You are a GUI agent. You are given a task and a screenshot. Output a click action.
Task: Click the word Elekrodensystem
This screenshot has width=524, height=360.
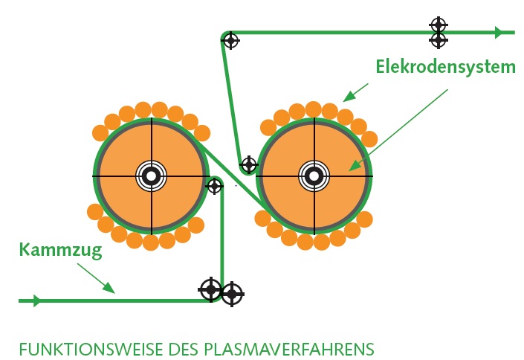[444, 68]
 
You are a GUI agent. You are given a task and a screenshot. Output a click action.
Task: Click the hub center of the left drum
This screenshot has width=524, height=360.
[151, 176]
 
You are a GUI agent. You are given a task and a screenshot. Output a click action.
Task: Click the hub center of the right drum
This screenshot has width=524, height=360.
[314, 176]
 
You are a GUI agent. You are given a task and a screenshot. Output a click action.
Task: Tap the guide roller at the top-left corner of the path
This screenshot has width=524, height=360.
[231, 39]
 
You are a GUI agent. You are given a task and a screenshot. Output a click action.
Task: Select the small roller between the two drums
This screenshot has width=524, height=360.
[215, 185]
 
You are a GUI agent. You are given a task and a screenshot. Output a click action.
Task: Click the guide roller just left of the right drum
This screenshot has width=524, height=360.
[249, 164]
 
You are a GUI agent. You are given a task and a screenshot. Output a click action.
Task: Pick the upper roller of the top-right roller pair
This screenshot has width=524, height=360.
[439, 25]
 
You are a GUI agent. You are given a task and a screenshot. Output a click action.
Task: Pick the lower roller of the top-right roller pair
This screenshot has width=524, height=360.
[439, 39]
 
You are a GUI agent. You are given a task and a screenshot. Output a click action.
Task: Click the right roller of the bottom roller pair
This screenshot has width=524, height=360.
[232, 295]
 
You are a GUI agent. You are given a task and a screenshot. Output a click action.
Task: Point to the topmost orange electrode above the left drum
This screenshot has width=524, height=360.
[151, 109]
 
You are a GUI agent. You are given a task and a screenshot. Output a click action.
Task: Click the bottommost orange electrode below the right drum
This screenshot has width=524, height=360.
[305, 242]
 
